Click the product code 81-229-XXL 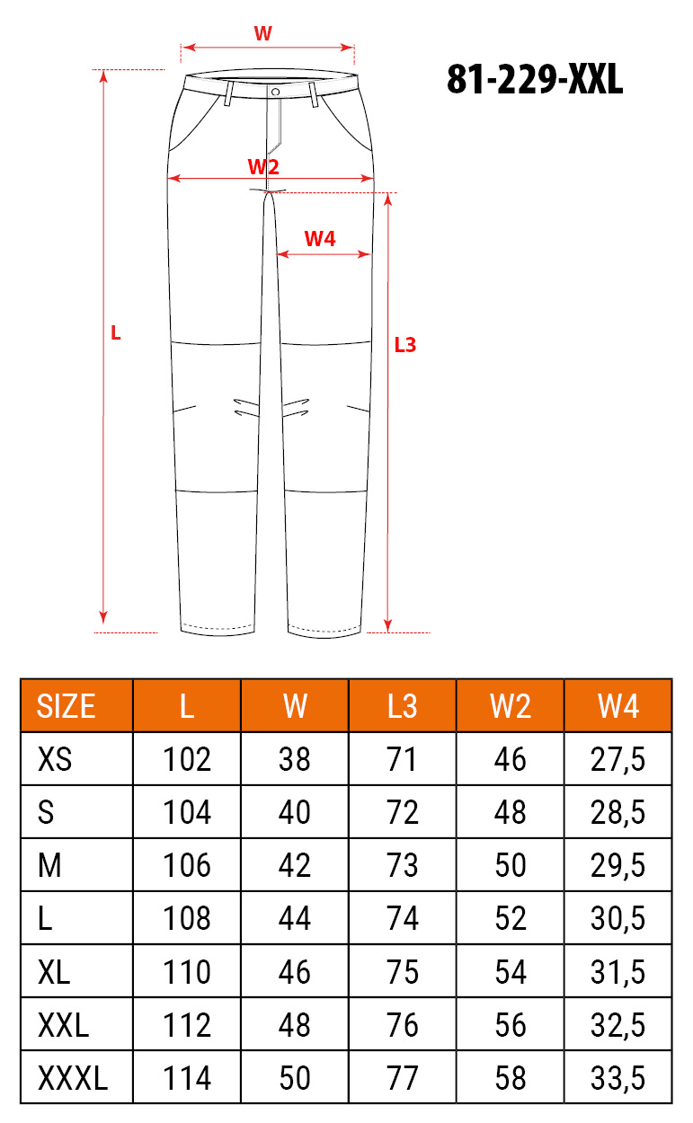tap(535, 79)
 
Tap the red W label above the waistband tap(262, 33)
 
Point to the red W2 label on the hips tap(263, 166)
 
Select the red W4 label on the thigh tap(320, 239)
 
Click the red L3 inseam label tap(405, 345)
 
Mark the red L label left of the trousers tap(115, 332)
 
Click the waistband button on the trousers tap(275, 92)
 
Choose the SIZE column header tap(66, 706)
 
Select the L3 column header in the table tap(402, 706)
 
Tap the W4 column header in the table tap(618, 706)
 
